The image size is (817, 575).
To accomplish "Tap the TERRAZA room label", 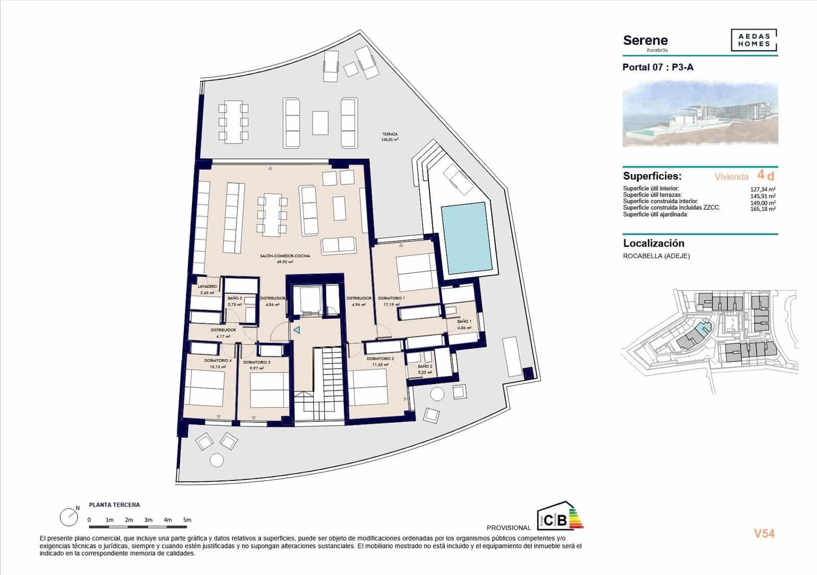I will coord(390,134).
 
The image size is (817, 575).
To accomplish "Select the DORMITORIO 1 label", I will coord(391,298).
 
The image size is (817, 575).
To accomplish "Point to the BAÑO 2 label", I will coord(425,367).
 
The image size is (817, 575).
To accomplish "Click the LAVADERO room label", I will coord(207,286).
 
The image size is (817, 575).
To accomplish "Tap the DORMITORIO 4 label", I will coord(218,361).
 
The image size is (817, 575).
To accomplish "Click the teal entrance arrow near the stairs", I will coord(296,330).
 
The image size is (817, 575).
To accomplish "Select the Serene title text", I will coord(645,40).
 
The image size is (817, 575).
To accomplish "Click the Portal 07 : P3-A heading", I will coord(658,67).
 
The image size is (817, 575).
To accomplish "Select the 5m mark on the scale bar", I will coord(187,520).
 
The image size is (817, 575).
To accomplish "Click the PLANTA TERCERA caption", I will coord(114,505).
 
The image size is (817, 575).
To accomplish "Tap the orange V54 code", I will coord(764,534).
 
